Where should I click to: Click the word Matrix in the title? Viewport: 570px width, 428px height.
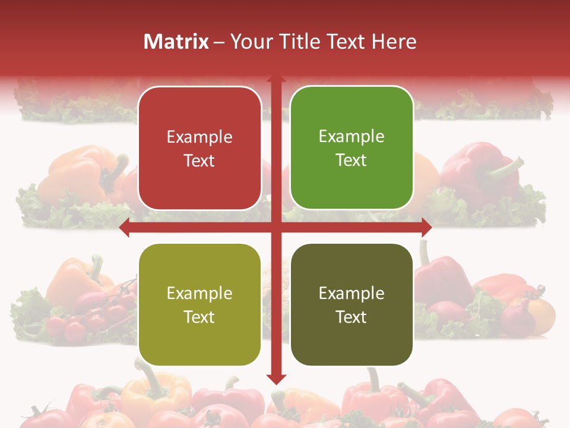point(176,42)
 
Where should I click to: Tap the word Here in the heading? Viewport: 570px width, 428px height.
point(394,42)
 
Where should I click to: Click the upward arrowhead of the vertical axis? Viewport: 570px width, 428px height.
point(275,78)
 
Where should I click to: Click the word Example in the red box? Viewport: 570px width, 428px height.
point(199,137)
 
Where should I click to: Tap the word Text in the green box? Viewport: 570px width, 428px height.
point(351,160)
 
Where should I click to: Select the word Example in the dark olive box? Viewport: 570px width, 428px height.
point(351,294)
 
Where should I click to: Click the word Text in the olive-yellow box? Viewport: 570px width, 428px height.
point(199,317)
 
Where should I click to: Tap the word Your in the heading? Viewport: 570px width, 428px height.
point(249,42)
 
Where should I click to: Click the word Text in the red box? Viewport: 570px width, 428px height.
point(199,160)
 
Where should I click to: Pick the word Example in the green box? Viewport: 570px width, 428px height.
point(351,137)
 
